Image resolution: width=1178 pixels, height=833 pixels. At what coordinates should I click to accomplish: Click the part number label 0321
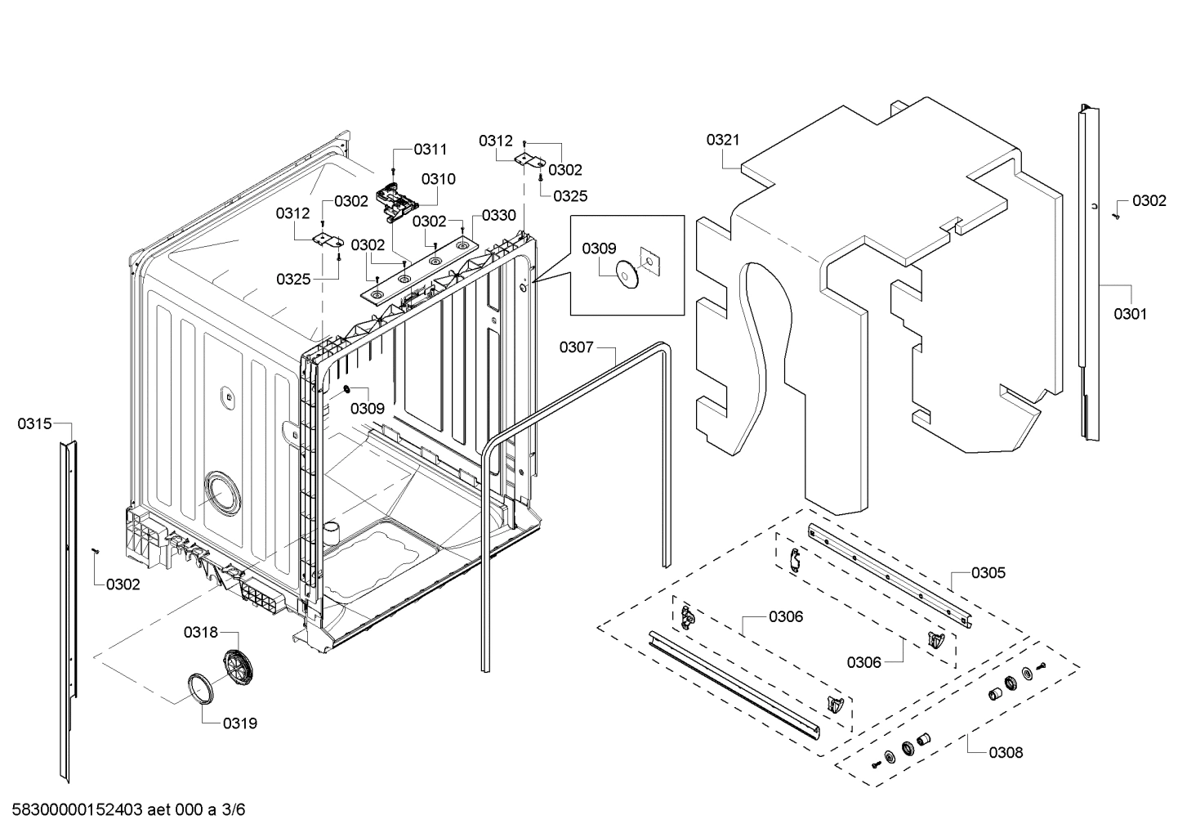(x=722, y=140)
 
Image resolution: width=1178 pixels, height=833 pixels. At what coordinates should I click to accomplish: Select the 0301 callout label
(x=1130, y=313)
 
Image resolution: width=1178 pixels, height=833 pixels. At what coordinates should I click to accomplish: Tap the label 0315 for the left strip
(x=34, y=423)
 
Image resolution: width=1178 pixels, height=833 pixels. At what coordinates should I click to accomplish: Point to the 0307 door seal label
(x=576, y=347)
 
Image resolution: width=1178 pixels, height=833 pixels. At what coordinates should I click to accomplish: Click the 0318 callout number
(x=200, y=632)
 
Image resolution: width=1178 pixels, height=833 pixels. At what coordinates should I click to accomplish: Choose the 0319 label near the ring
(x=239, y=723)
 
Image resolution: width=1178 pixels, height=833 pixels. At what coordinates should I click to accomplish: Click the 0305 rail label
(x=988, y=572)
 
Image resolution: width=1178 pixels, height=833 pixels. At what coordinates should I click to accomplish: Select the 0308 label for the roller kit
(x=1005, y=752)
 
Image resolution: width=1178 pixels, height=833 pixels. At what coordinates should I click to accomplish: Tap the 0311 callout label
(x=430, y=149)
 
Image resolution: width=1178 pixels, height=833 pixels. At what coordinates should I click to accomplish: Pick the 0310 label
(x=439, y=179)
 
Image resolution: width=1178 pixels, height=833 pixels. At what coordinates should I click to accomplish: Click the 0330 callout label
(x=498, y=215)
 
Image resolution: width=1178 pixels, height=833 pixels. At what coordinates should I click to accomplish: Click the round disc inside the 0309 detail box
(x=627, y=275)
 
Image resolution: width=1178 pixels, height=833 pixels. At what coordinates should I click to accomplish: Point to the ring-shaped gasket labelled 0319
(x=200, y=687)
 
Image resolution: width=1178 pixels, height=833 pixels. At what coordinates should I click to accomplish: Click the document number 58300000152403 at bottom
(x=74, y=810)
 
